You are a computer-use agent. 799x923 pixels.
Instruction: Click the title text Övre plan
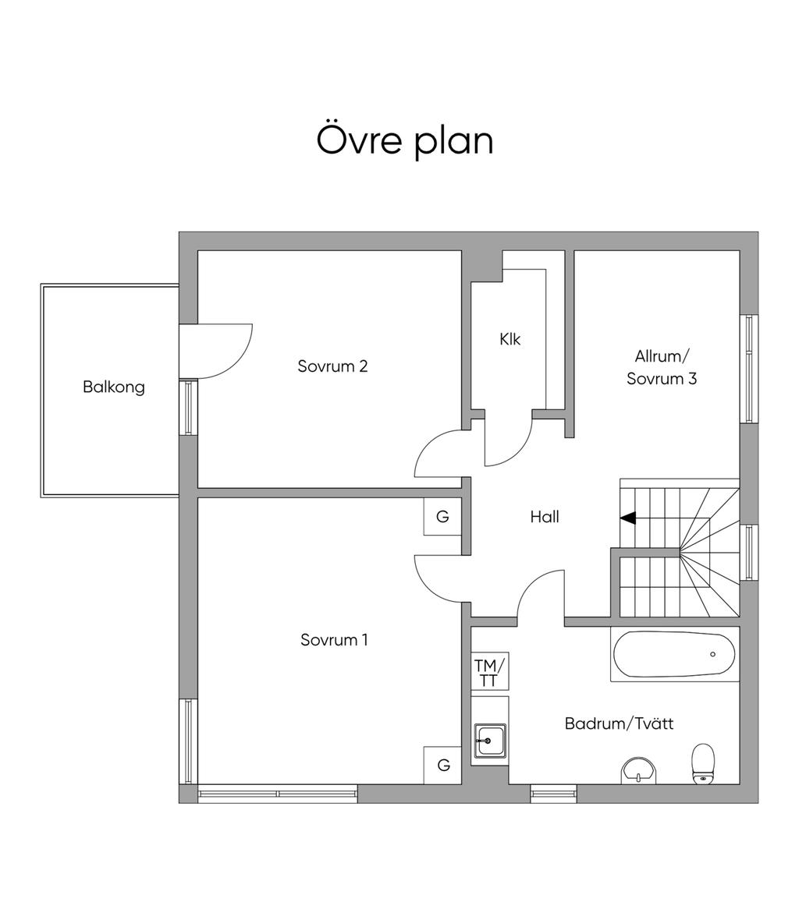(x=405, y=140)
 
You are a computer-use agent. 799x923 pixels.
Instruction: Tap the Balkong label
(x=114, y=387)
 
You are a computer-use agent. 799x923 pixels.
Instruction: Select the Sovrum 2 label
(x=332, y=366)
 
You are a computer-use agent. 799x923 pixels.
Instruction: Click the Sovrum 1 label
(x=334, y=640)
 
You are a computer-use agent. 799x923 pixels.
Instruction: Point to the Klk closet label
(x=510, y=339)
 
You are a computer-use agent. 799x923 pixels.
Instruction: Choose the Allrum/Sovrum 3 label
(x=662, y=367)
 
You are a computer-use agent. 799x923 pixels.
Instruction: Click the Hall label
(x=545, y=517)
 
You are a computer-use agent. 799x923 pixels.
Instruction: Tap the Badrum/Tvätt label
(x=619, y=723)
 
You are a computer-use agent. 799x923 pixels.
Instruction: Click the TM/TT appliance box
(x=490, y=672)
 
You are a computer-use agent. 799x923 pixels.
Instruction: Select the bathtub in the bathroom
(x=674, y=655)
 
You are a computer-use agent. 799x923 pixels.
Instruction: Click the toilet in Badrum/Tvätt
(x=703, y=763)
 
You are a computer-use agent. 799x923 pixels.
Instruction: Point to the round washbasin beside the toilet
(x=639, y=770)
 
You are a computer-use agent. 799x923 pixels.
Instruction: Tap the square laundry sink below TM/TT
(x=490, y=741)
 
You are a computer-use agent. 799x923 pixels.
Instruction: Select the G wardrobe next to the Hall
(x=442, y=517)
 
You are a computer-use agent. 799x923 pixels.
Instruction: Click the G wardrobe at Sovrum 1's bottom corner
(x=442, y=766)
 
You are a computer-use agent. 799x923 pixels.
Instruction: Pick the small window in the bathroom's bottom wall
(x=554, y=794)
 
